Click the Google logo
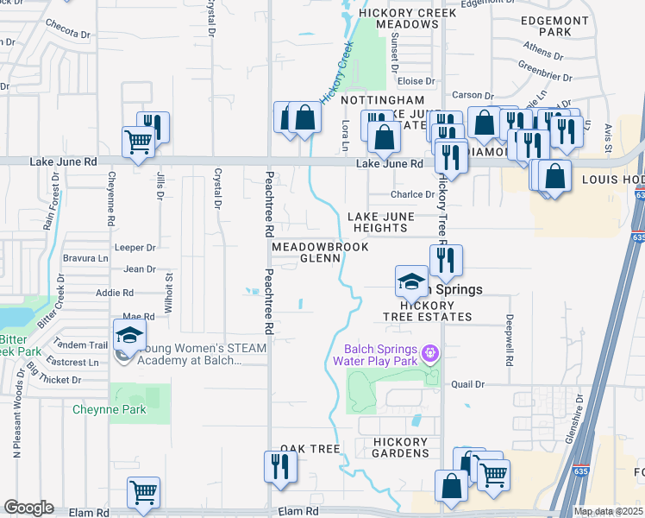point(28,508)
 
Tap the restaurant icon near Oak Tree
point(280,467)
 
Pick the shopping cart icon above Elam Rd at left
point(144,494)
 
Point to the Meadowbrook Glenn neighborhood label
point(320,252)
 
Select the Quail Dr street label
point(468,384)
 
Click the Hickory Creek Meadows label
point(398,18)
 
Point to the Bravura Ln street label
point(91,257)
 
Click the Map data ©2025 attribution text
point(608,511)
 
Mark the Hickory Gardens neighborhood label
point(401,447)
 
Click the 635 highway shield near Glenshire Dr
point(577,471)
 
